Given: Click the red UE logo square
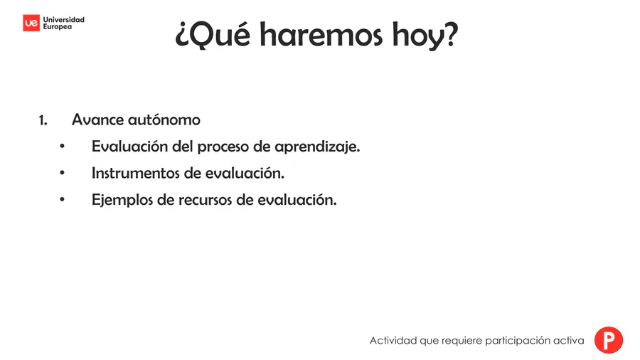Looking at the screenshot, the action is [31, 23].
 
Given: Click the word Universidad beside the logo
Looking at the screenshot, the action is [64, 20].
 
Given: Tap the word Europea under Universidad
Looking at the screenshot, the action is [58, 27].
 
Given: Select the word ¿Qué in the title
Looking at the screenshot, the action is [213, 35].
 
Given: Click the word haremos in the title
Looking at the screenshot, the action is [321, 35].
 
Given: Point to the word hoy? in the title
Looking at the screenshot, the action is [425, 36].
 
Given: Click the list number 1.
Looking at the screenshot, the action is [43, 120].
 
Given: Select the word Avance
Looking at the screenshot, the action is [97, 120].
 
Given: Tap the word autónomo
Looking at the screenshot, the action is [164, 120].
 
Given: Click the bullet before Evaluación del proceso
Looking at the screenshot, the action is [62, 146].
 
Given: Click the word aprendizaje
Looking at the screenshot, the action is [317, 147].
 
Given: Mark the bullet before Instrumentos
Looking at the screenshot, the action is [62, 173].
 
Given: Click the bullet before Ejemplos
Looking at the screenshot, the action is [62, 200].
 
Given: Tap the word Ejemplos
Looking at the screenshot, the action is [122, 200].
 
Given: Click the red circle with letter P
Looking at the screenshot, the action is [609, 340].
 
